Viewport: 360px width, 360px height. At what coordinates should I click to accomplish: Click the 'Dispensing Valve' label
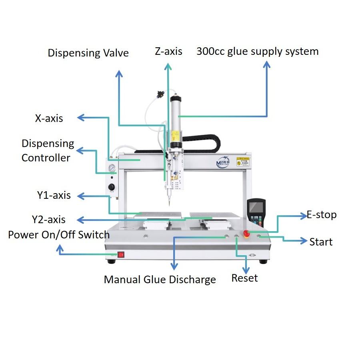coord(88,53)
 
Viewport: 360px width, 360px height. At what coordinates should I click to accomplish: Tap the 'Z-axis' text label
coord(169,51)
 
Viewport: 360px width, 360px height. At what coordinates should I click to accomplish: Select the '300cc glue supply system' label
coord(257,52)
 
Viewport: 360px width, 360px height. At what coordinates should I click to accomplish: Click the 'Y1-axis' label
coord(54,196)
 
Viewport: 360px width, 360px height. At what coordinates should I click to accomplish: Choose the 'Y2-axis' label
coord(49,220)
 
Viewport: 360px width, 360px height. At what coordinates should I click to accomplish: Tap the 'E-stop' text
coord(322,215)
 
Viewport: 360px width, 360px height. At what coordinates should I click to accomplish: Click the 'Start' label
coord(321,242)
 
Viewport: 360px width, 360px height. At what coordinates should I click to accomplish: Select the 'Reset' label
coord(244,278)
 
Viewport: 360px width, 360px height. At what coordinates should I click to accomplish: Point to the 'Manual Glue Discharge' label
coord(160,280)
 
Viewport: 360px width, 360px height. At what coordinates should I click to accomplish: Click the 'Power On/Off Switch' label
coord(58,234)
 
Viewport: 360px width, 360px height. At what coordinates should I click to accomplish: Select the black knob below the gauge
coord(112,187)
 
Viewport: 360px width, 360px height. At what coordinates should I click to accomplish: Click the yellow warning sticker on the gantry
coord(243,161)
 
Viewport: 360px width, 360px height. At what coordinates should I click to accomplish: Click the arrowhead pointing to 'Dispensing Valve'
coord(119,73)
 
